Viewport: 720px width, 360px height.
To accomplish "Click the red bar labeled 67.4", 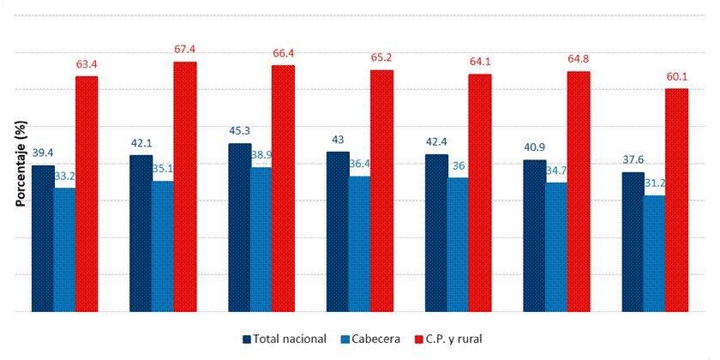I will coord(185,186).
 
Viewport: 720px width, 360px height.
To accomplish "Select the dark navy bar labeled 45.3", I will coord(239,227).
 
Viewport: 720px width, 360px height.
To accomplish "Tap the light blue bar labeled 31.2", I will coord(654,253).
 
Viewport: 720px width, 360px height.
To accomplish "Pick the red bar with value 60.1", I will coord(677,200).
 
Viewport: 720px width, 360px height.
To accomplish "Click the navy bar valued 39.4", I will coord(43,238).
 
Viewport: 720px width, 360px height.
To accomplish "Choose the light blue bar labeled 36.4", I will coord(359,243).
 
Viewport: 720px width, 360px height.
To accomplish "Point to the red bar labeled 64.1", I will coord(480,192).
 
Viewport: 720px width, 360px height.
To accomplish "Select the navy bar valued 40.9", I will coord(535,236).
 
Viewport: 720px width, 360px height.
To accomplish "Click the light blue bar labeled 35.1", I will coord(163,246).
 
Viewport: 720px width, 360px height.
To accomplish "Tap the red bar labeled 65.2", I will coord(381,190).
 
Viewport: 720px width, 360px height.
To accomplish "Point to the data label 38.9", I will coord(261,156).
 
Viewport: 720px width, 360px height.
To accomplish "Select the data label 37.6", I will coord(633,159).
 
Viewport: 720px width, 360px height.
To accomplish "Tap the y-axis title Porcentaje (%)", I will coord(19,164).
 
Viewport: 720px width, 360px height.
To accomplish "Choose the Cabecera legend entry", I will coord(369,339).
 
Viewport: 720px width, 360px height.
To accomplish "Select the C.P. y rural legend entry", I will coord(453,339).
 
